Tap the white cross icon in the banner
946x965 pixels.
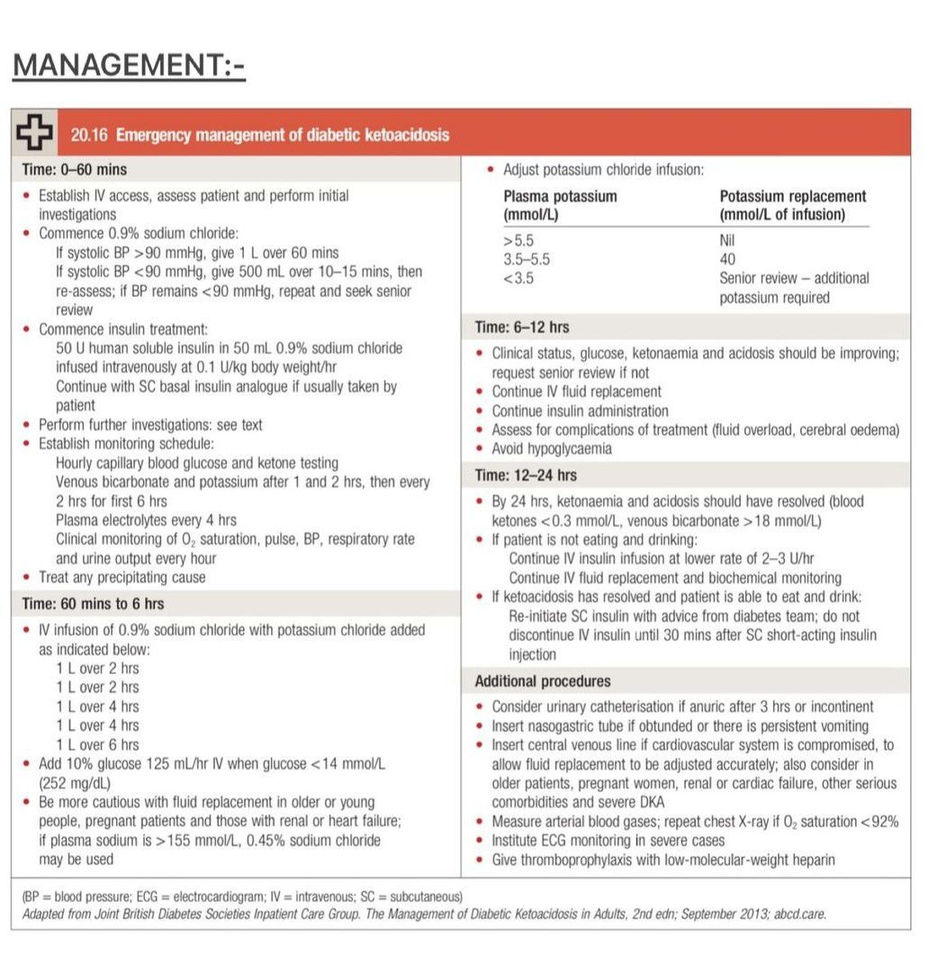[x=33, y=134]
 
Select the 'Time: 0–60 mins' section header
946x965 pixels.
[x=74, y=169]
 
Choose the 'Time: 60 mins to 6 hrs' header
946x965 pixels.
[x=93, y=603]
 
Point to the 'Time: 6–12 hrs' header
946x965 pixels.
[x=522, y=328]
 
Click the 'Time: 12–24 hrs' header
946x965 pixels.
[x=527, y=475]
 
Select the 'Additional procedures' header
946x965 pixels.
[x=543, y=681]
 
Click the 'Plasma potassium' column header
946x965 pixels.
[x=560, y=196]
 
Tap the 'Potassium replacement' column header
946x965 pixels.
[x=793, y=196]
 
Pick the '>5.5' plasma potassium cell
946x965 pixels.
[x=518, y=241]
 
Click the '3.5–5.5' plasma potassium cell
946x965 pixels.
[x=527, y=259]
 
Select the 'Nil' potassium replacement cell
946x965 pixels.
[x=728, y=241]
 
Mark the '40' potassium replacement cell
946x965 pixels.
[x=727, y=259]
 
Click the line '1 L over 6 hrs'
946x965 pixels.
[x=97, y=744]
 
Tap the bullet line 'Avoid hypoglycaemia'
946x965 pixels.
[x=552, y=448]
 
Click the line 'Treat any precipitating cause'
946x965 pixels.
[x=122, y=577]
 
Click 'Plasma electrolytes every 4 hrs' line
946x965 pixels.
[x=146, y=520]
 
